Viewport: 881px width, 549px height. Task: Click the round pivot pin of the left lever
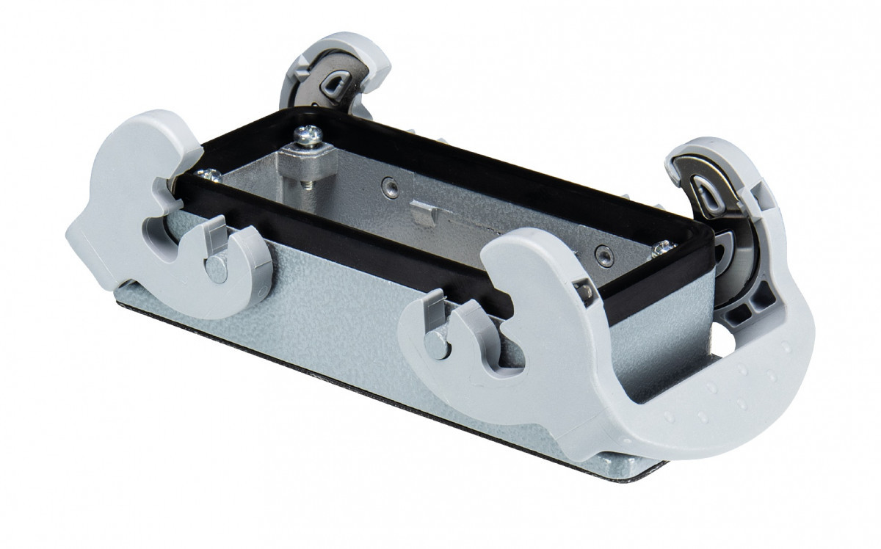[218, 269]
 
